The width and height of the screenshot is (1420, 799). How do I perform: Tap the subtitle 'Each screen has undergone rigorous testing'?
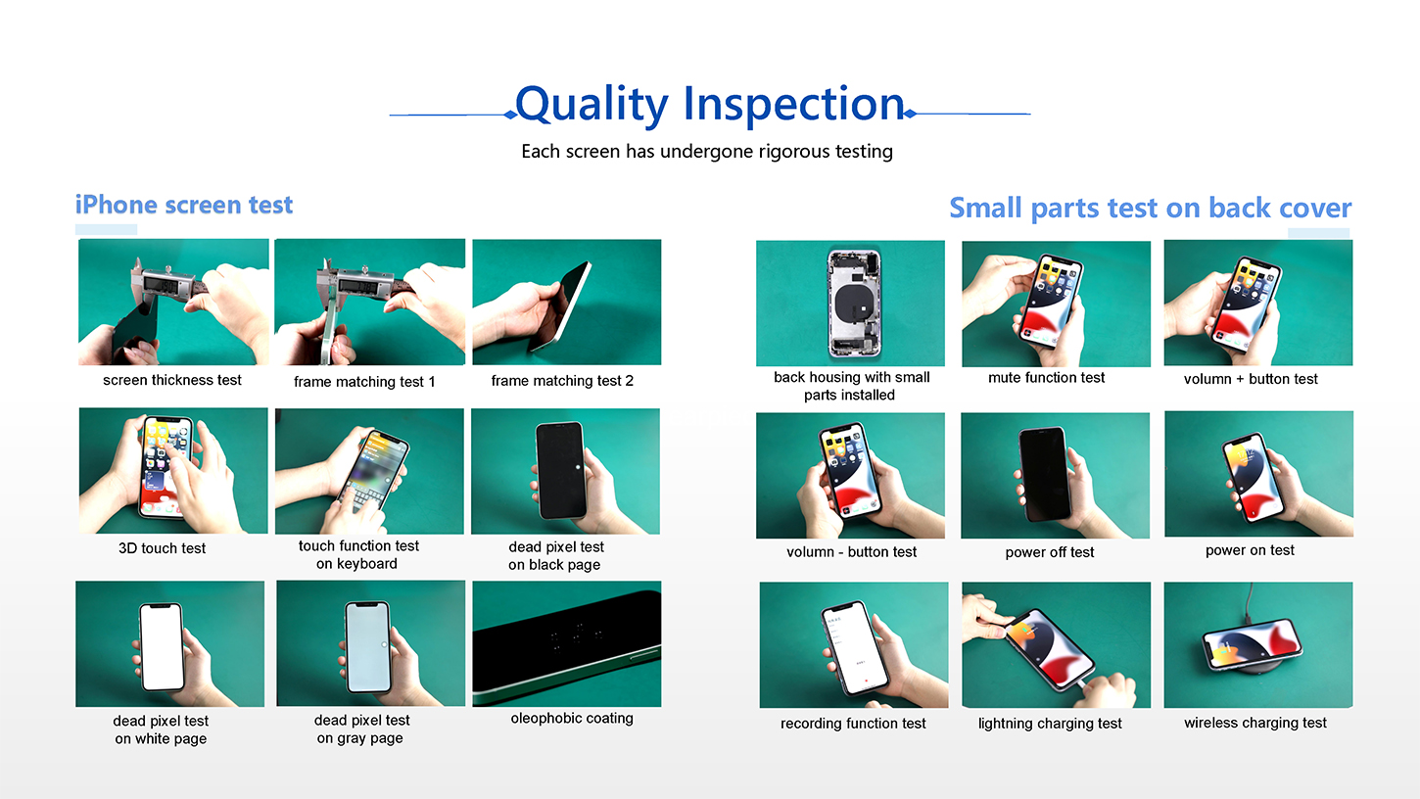pyautogui.click(x=707, y=152)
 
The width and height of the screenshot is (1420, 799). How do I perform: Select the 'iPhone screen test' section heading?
pyautogui.click(x=184, y=205)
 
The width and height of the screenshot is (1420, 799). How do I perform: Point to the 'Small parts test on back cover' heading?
pyautogui.click(x=1150, y=208)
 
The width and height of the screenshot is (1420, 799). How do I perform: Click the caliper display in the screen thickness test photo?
pyautogui.click(x=161, y=285)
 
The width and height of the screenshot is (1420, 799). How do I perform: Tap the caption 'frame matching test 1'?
pyautogui.click(x=364, y=382)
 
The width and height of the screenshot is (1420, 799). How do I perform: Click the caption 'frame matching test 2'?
pyautogui.click(x=562, y=380)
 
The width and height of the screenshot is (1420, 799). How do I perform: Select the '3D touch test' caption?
pyautogui.click(x=162, y=548)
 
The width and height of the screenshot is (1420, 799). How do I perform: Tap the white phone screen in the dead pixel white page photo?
pyautogui.click(x=162, y=647)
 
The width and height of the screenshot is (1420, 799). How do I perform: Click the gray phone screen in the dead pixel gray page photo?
pyautogui.click(x=367, y=647)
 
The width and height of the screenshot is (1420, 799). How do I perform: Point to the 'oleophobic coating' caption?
pyautogui.click(x=572, y=718)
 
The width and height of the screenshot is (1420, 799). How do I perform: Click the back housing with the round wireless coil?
pyautogui.click(x=854, y=303)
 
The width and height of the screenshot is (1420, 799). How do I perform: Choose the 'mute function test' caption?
pyautogui.click(x=1046, y=378)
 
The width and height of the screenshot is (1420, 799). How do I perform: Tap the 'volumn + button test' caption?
pyautogui.click(x=1251, y=379)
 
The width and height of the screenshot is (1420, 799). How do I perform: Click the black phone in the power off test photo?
pyautogui.click(x=1045, y=474)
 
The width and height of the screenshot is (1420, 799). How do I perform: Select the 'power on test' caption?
pyautogui.click(x=1250, y=550)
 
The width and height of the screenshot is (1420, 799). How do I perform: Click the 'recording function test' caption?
pyautogui.click(x=853, y=723)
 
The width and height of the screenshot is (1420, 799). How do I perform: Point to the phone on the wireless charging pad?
pyautogui.click(x=1252, y=643)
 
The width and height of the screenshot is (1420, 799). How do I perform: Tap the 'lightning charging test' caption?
pyautogui.click(x=1050, y=723)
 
